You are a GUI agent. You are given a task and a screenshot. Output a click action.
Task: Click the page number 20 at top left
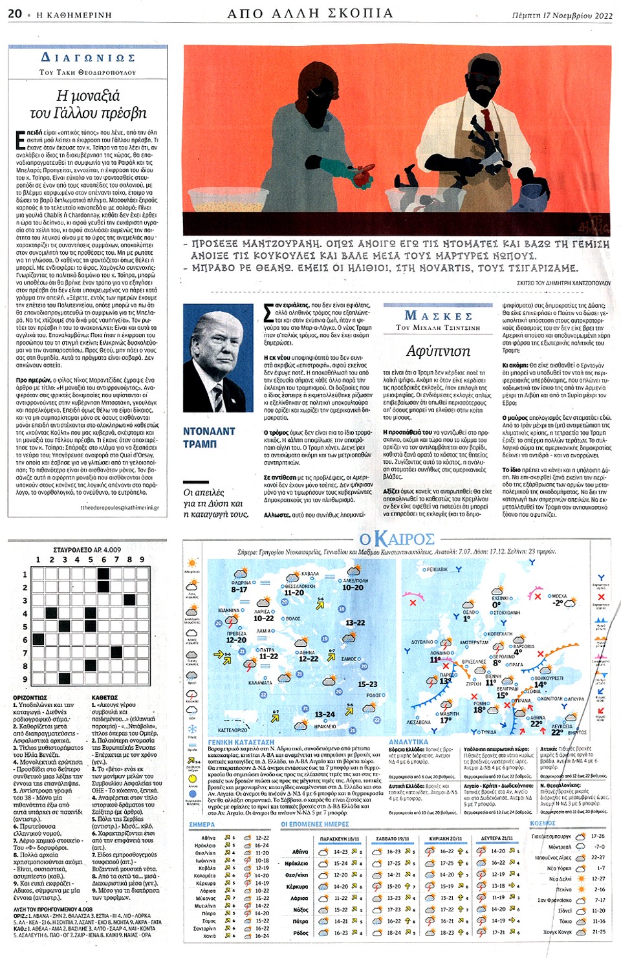point(14,14)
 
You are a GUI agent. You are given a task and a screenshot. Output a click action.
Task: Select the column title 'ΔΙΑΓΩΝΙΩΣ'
point(88,58)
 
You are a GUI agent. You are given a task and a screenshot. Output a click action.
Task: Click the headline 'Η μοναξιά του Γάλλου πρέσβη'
point(88,104)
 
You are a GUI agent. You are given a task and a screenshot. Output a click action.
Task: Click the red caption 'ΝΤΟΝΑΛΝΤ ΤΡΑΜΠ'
point(209,437)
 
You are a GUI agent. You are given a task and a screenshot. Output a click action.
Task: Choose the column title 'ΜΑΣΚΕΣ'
point(438,316)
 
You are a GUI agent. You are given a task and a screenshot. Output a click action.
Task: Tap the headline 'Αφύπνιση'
point(438,351)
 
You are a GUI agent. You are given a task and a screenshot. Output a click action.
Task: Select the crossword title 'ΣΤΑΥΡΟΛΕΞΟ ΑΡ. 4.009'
point(87,550)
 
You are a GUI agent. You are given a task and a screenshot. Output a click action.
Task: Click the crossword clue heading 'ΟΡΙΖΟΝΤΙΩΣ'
point(30,698)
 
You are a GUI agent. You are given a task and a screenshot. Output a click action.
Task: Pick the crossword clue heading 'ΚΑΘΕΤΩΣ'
point(105,698)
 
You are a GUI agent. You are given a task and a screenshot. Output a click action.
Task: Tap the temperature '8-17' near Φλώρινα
point(239,589)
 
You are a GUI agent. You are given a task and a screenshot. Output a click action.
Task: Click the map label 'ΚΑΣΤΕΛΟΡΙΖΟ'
point(233,730)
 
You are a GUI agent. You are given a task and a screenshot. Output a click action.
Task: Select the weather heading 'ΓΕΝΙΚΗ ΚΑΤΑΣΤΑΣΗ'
point(241,742)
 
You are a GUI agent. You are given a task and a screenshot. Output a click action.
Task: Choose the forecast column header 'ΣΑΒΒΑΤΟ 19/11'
point(392,838)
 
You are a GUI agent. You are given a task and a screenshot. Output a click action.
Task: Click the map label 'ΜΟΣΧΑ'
point(558,596)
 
